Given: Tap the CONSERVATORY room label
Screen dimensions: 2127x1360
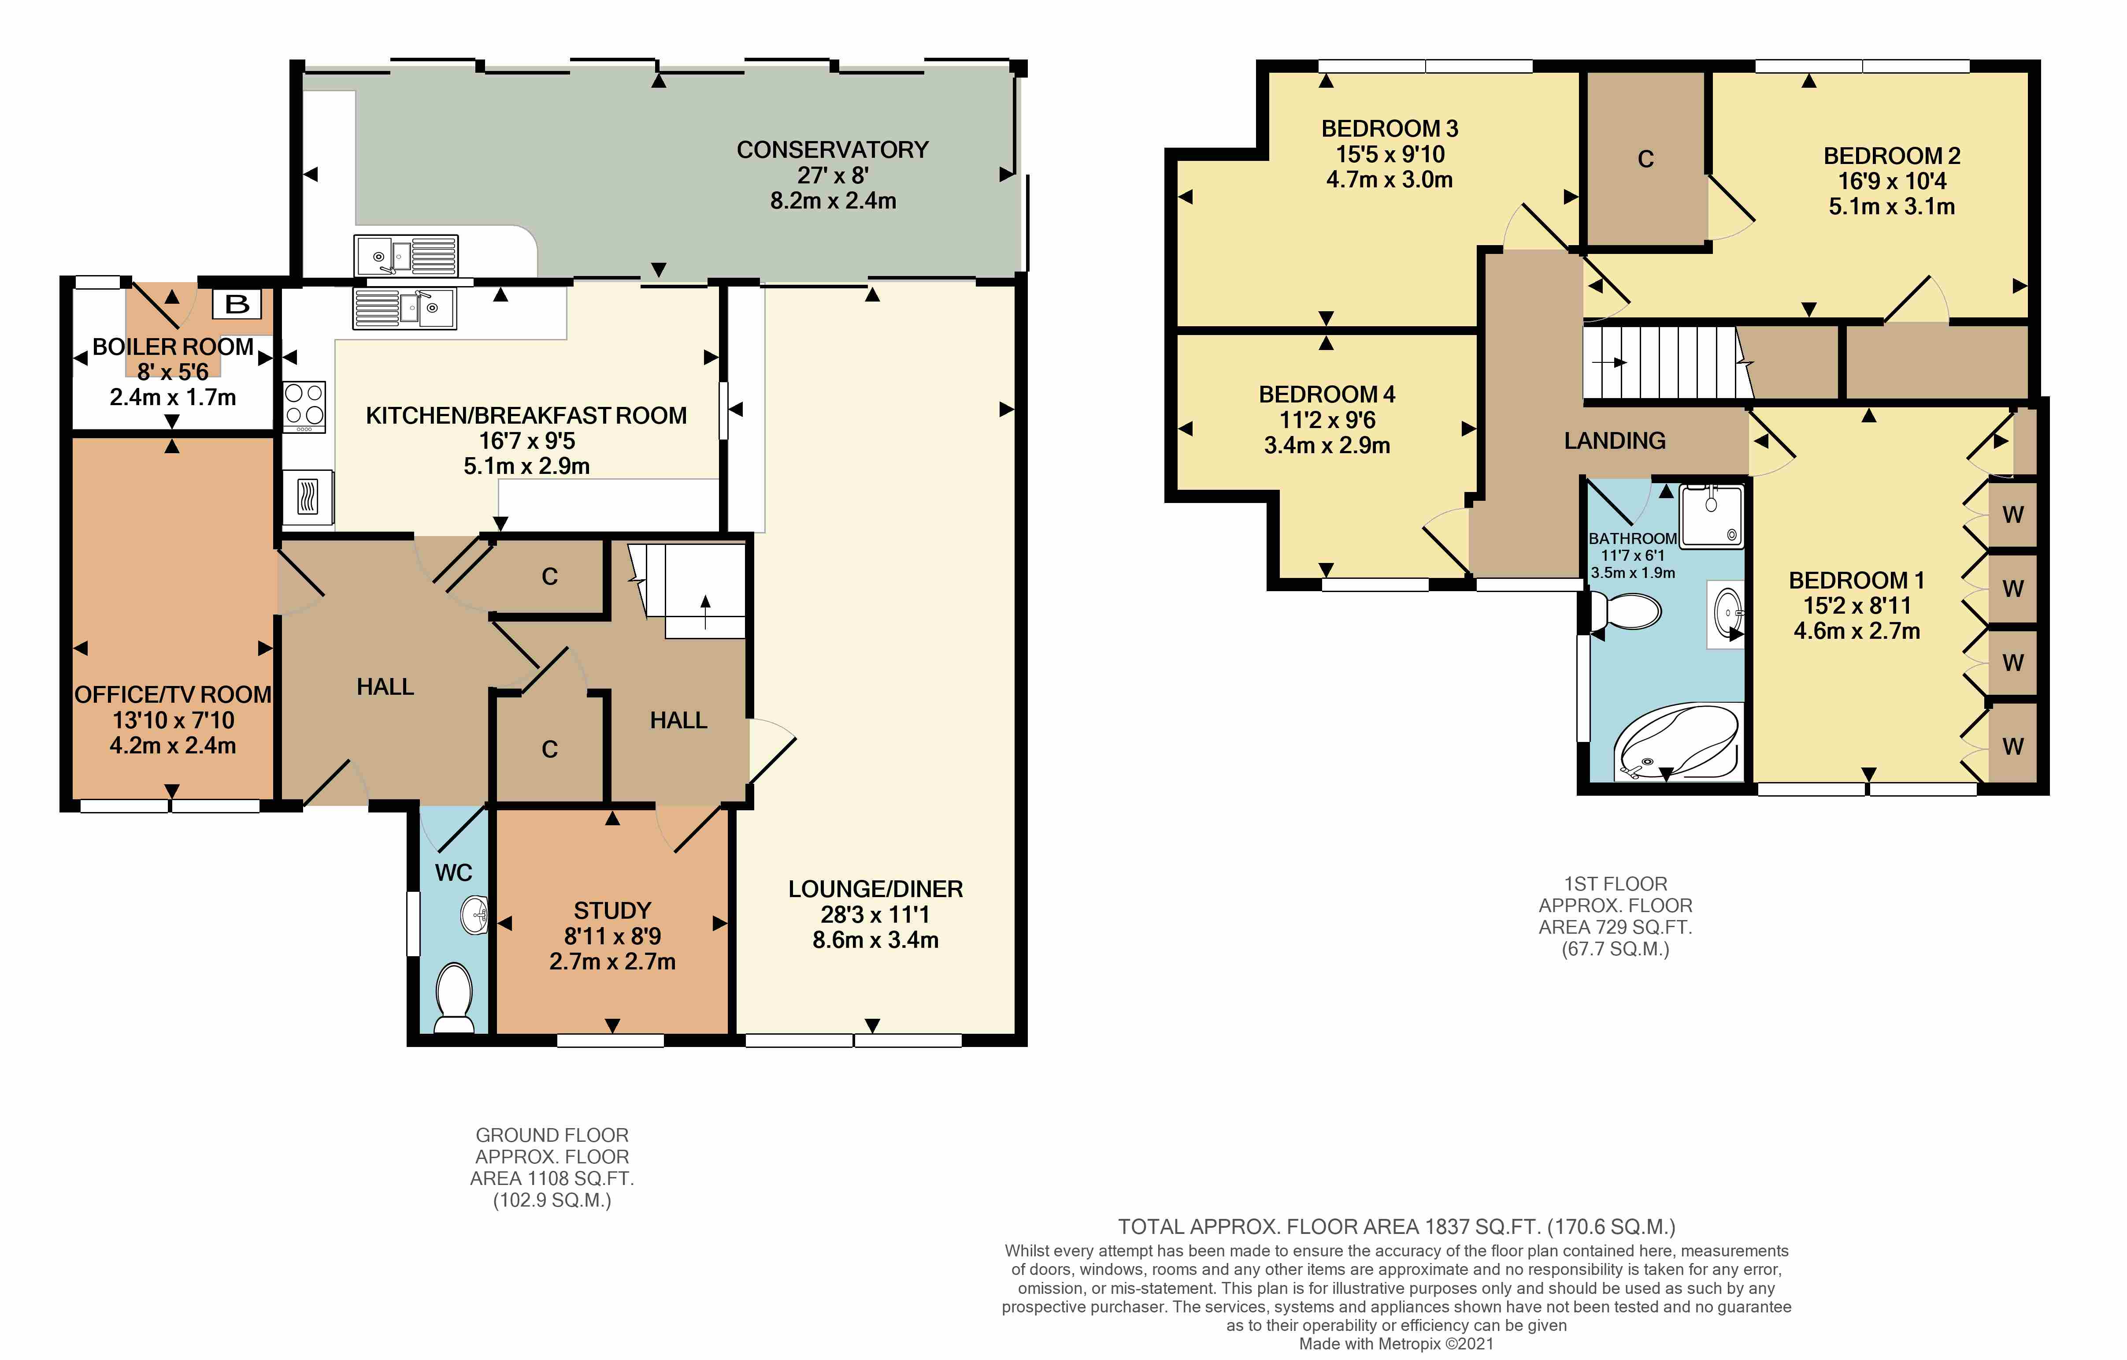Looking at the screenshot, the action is click(x=832, y=150).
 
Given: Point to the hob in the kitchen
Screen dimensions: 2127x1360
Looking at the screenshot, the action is click(x=304, y=406).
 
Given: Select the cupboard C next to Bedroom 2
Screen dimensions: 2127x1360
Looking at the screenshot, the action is click(x=1645, y=159).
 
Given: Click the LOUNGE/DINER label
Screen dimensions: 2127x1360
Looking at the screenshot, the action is click(x=875, y=889).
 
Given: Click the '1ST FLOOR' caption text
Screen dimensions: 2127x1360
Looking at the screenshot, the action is click(x=1616, y=884).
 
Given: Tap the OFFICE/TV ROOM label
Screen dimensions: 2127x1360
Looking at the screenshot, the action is click(x=173, y=695).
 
